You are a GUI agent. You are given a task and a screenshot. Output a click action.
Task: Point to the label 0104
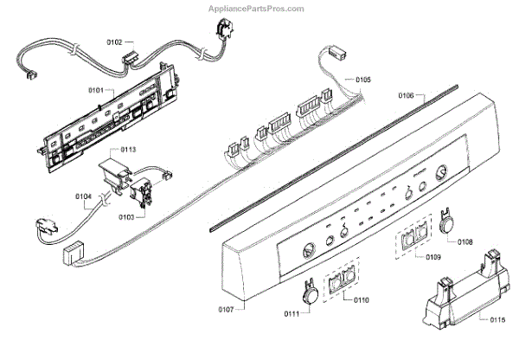tap(83, 196)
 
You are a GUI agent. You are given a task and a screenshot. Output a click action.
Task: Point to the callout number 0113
tap(128, 150)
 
